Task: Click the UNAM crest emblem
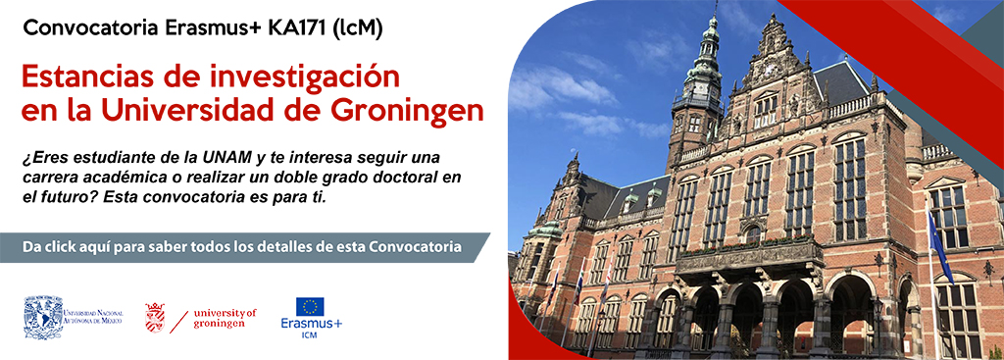tap(43, 317)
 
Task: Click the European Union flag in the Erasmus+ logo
tap(311, 306)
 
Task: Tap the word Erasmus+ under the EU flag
tap(311, 323)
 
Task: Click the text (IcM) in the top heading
tap(359, 29)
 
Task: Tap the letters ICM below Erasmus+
tap(310, 335)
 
